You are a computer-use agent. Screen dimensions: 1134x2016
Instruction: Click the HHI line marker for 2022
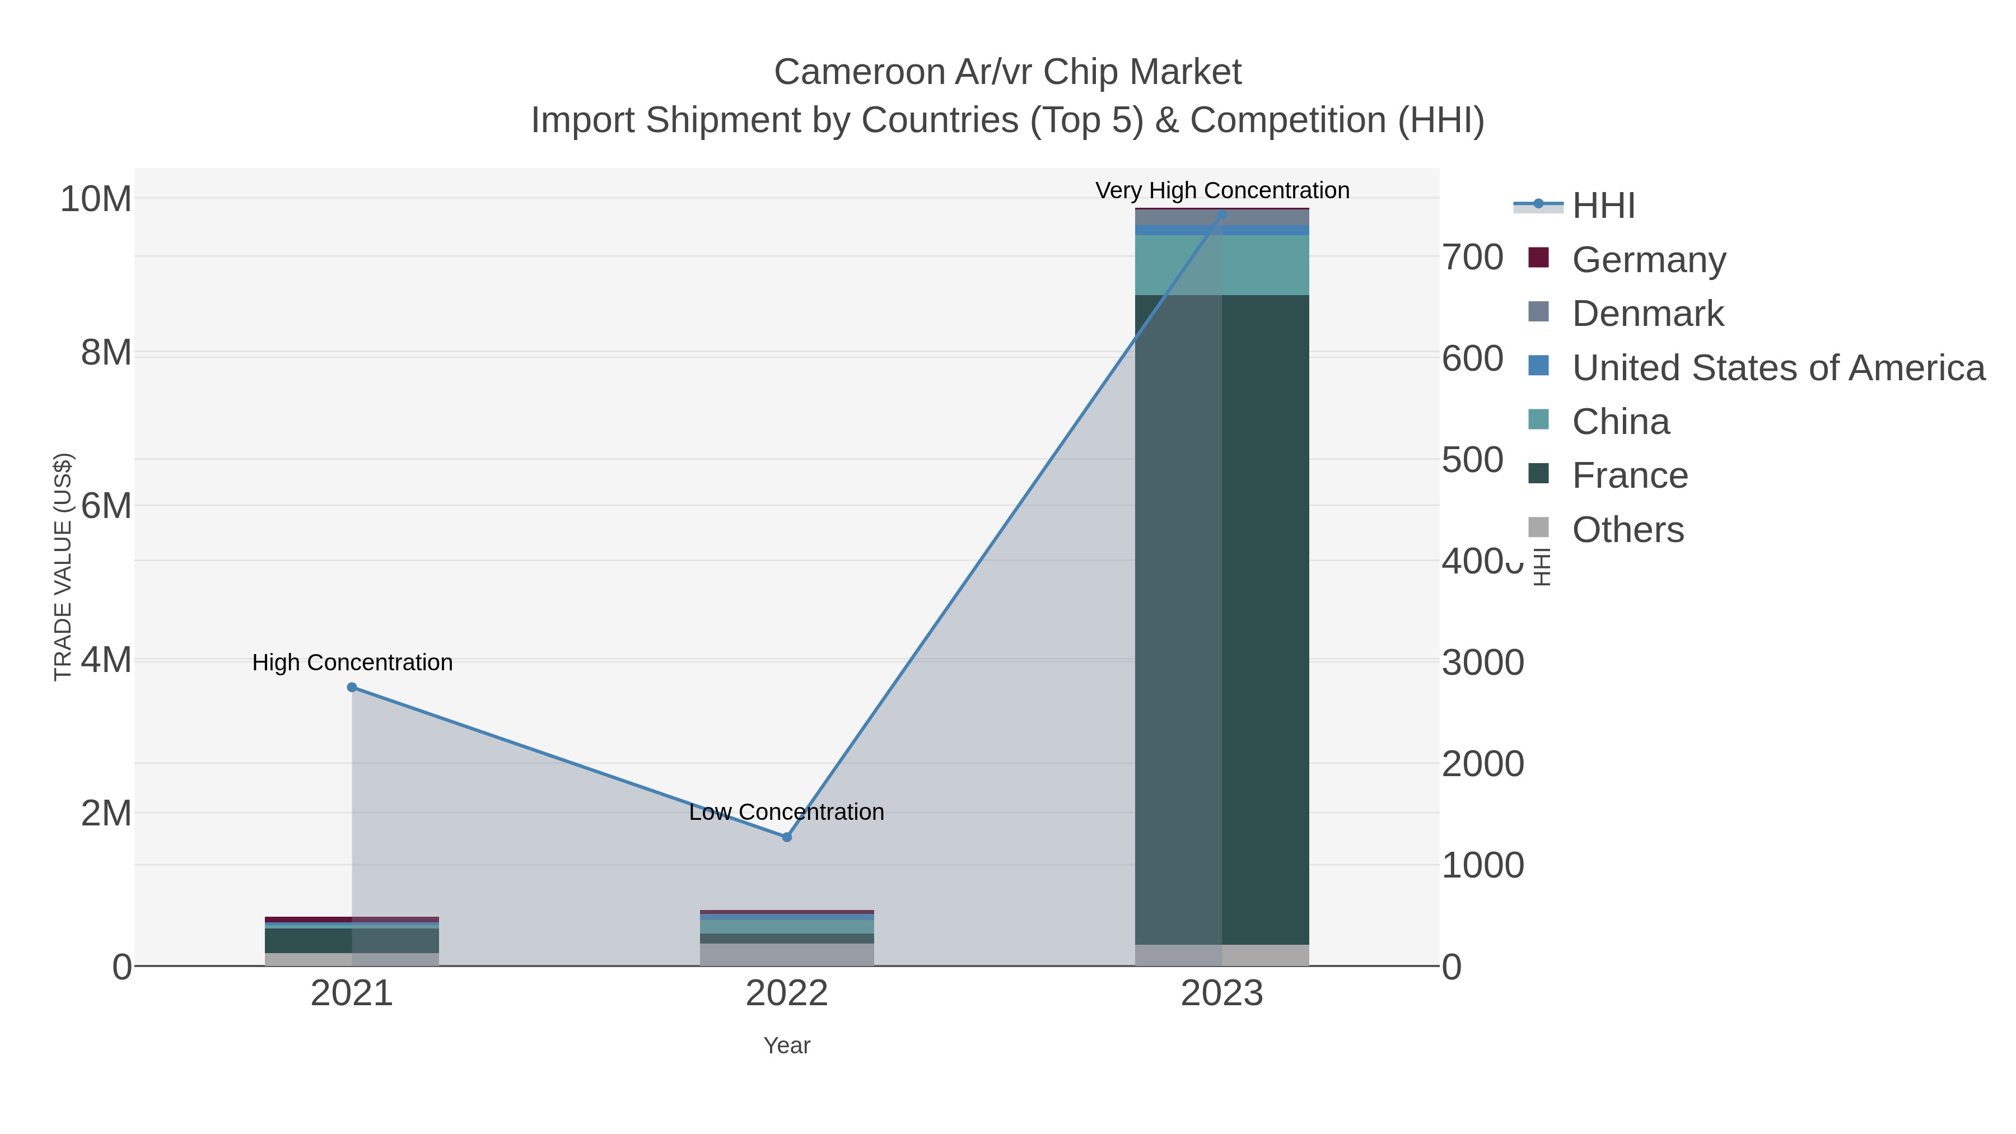coord(787,837)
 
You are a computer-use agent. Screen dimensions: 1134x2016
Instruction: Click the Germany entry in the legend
coord(1648,259)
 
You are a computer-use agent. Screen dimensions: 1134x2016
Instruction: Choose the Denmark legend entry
coord(1646,313)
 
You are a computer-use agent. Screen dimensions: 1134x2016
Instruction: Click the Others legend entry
coord(1627,529)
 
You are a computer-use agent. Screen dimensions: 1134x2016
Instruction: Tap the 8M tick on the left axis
coord(106,353)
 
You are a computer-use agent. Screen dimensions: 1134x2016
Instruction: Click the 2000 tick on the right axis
coord(1482,764)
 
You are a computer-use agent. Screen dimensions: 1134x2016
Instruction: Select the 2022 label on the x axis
coord(787,994)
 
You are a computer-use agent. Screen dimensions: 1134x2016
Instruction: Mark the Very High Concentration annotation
coord(1222,190)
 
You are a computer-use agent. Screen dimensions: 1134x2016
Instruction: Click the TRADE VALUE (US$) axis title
coord(63,567)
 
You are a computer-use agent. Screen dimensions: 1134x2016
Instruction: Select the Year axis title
coord(787,1045)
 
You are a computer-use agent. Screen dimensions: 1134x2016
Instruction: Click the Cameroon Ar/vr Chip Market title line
coord(1007,72)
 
